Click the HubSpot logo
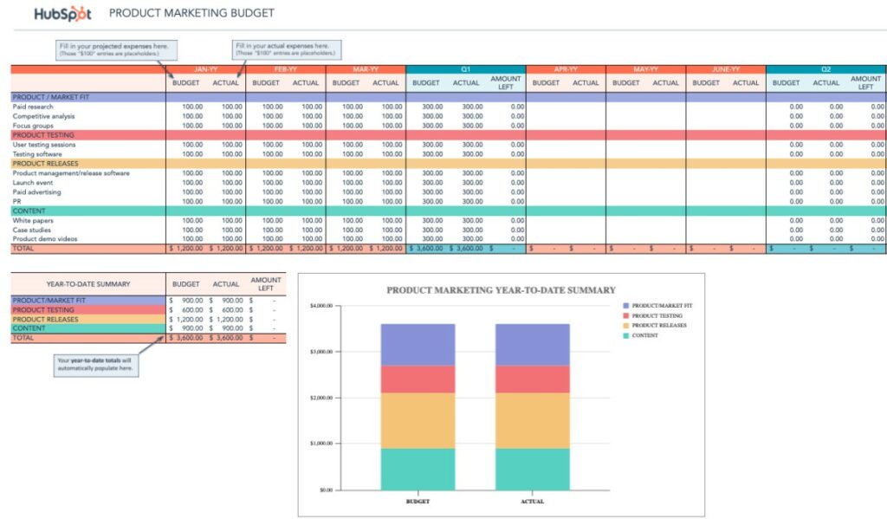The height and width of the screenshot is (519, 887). (62, 14)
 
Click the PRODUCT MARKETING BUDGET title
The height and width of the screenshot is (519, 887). (191, 14)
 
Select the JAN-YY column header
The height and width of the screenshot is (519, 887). (205, 69)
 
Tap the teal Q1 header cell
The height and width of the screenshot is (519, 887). (465, 69)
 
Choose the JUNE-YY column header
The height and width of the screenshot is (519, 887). (725, 69)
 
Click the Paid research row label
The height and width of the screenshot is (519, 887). (33, 107)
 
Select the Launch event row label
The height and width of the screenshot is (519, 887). (32, 182)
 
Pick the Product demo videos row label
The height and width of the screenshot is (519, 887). (45, 238)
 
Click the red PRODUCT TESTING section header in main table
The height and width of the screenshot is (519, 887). (43, 135)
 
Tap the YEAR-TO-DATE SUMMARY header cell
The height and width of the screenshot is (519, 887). (88, 283)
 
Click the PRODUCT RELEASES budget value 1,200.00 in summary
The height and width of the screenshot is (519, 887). (189, 320)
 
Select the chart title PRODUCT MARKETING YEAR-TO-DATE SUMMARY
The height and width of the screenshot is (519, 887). (501, 290)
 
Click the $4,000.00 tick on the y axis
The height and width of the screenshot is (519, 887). (320, 306)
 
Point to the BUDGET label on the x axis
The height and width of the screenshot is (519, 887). (418, 501)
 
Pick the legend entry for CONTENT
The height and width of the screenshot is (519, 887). (646, 335)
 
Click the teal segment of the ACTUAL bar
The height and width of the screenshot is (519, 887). (532, 469)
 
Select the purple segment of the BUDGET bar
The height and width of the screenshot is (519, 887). (418, 345)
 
